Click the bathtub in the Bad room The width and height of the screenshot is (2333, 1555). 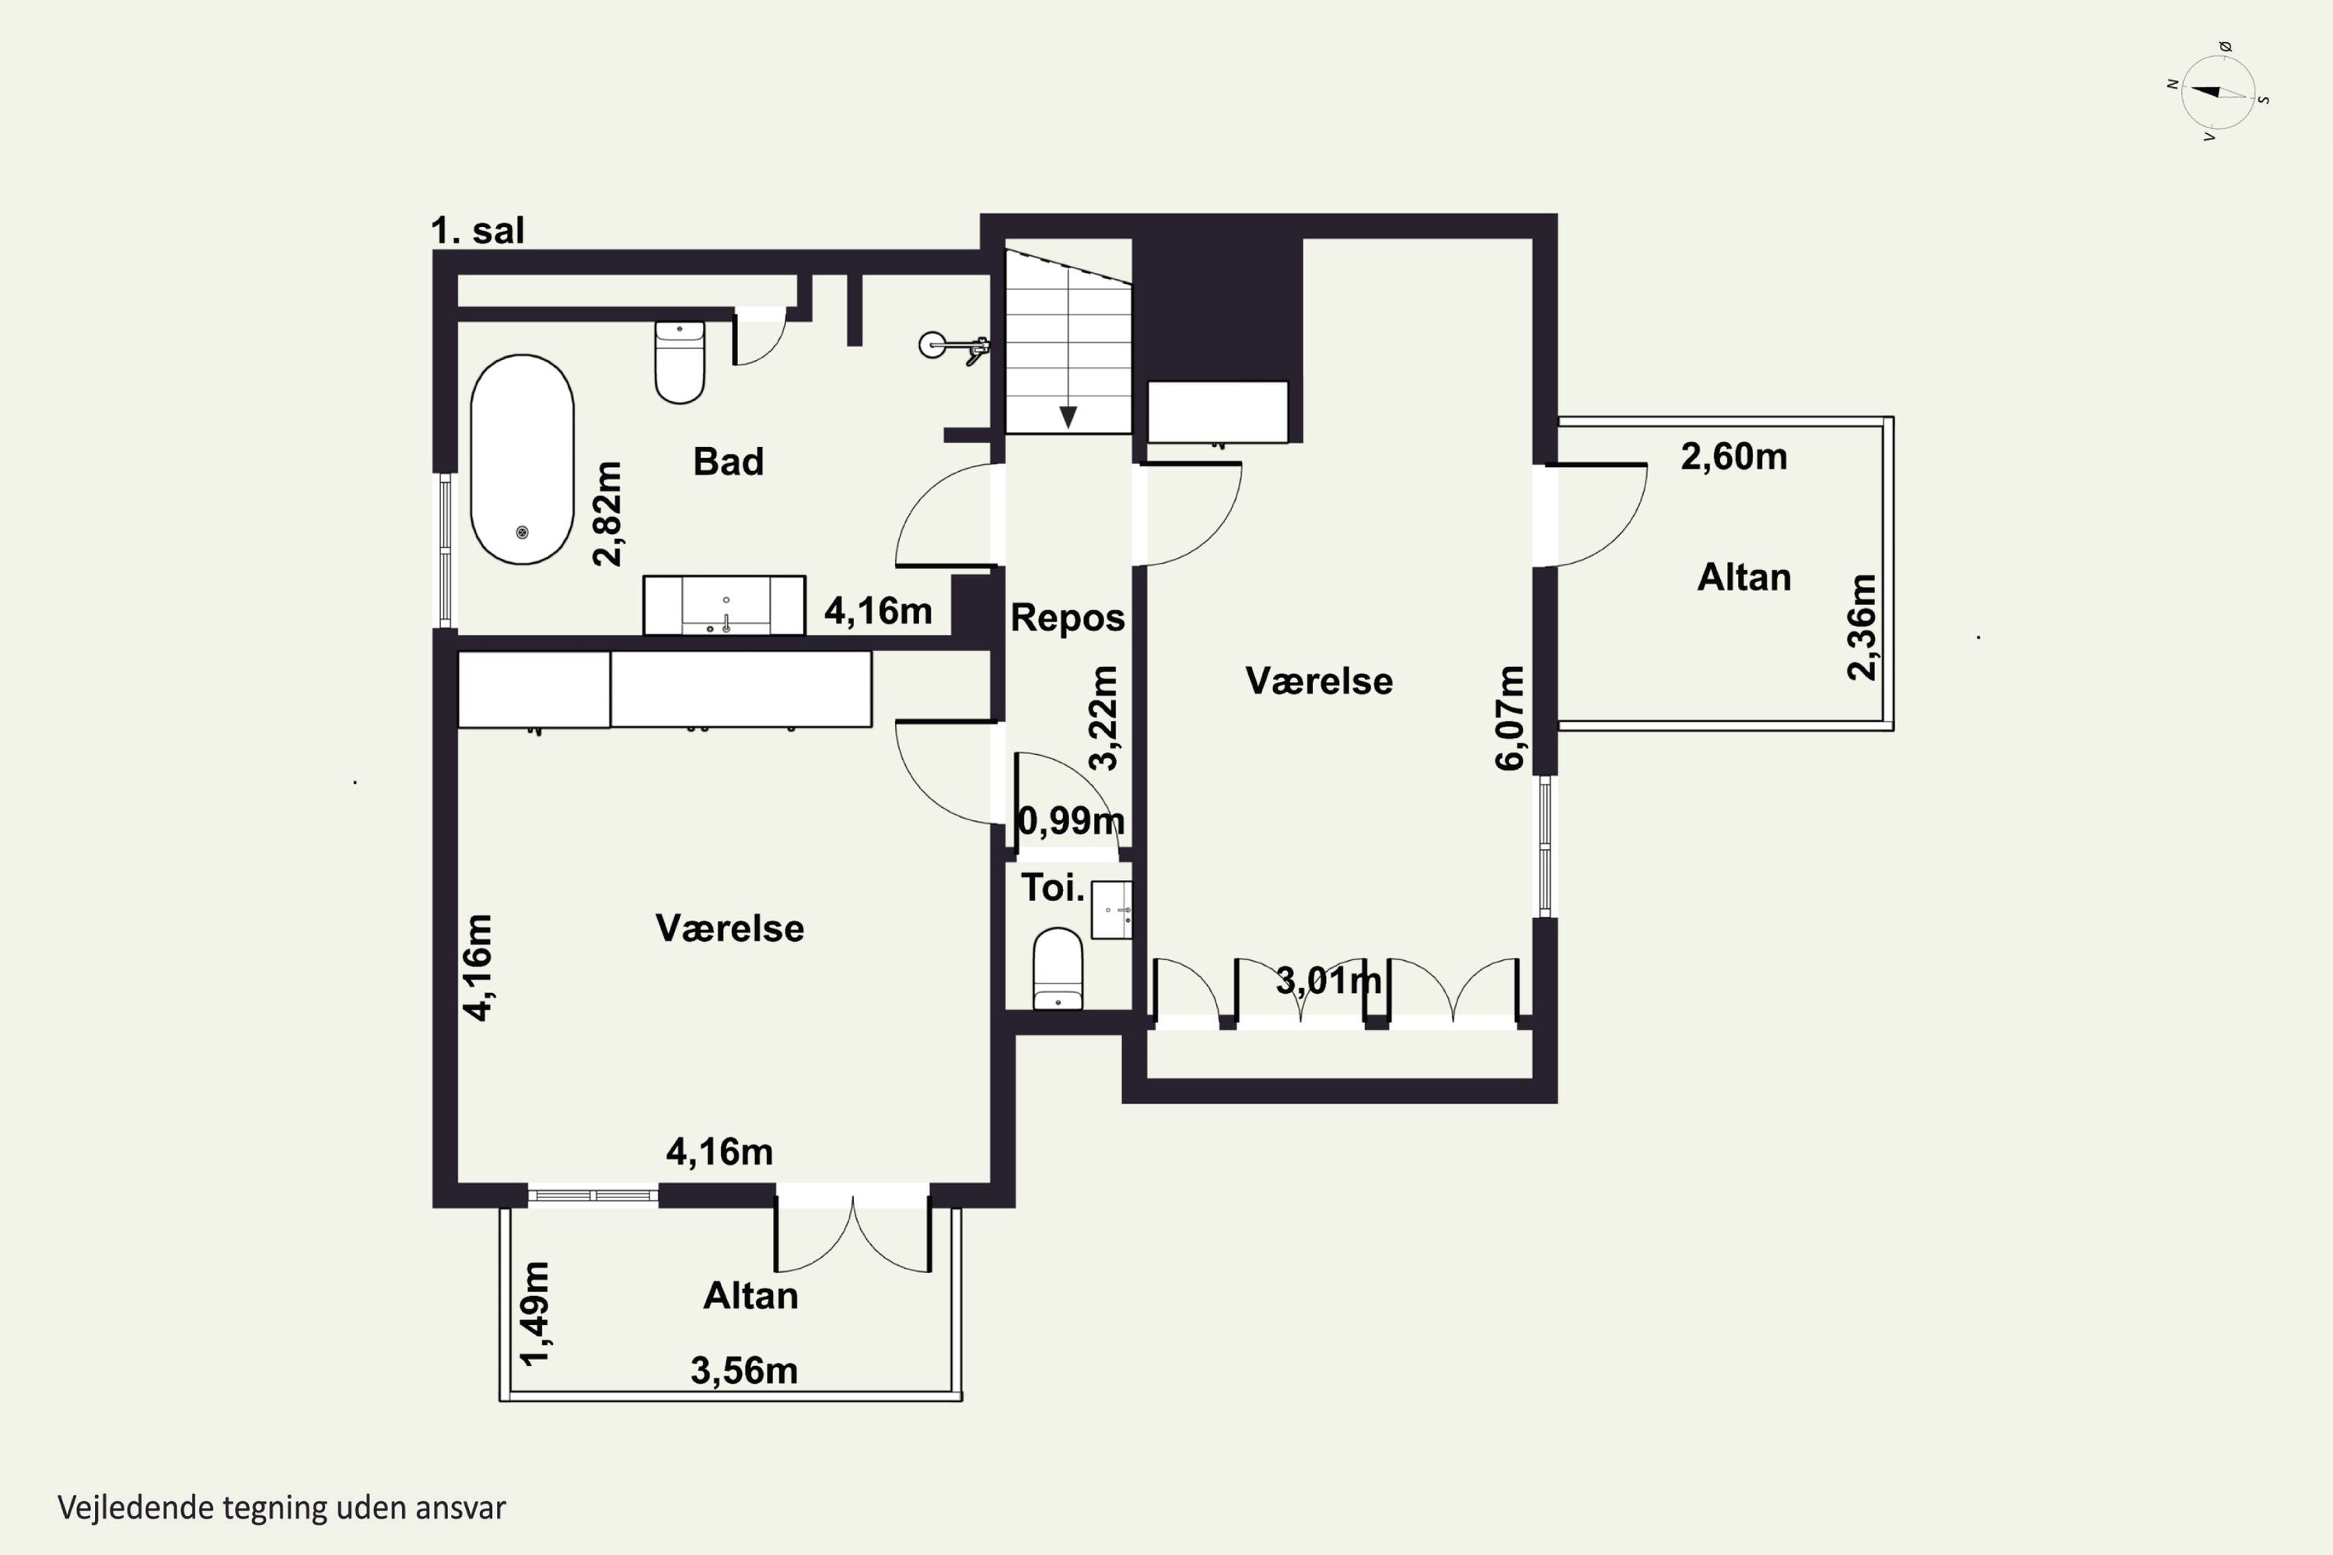click(x=522, y=460)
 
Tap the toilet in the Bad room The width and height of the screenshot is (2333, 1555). click(x=680, y=362)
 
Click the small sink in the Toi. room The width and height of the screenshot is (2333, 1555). click(x=1111, y=910)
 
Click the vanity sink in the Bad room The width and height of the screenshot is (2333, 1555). click(x=724, y=605)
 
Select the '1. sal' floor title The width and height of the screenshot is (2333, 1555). click(x=477, y=231)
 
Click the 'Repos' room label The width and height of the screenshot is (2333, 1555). click(x=1067, y=618)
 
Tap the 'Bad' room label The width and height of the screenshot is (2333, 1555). click(x=728, y=462)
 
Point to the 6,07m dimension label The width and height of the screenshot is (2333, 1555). click(x=1509, y=718)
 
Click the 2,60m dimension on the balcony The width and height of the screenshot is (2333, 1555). click(x=1734, y=456)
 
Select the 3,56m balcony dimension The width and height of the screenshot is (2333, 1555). click(x=744, y=1371)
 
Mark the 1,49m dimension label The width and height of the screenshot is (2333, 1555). click(x=535, y=1313)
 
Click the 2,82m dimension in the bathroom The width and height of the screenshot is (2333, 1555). click(x=607, y=514)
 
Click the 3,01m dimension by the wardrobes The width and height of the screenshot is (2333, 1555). click(x=1328, y=980)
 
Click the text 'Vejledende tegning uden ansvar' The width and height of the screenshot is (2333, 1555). click(x=282, y=1508)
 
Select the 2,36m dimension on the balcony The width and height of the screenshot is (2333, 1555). click(x=1862, y=627)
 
